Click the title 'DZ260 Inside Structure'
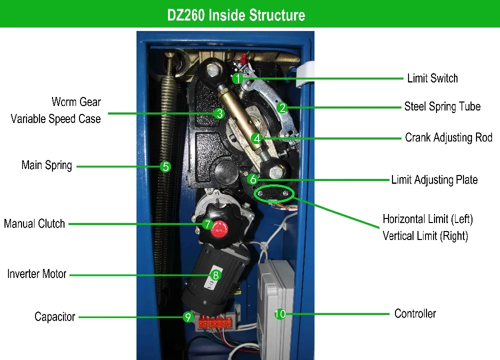point(236,14)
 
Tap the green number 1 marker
point(238,78)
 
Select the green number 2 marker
point(282,107)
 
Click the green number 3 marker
point(219,113)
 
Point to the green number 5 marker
point(166,166)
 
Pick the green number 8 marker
point(215,274)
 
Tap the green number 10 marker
point(280,314)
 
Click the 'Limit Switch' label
point(432,78)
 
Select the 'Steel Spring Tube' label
point(442,106)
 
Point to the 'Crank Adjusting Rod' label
point(448,137)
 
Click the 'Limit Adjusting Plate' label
point(434,179)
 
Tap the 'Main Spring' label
point(47,165)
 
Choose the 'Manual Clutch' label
point(34,223)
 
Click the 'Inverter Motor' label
point(37,274)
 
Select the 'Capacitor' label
point(55,316)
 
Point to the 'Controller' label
point(415,313)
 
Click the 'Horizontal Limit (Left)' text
point(427,219)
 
